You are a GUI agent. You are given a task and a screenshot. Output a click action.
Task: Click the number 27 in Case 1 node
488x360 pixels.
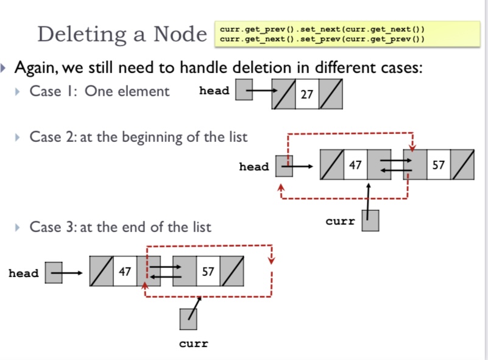307,94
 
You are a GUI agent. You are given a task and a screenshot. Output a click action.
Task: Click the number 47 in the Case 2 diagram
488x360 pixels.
355,164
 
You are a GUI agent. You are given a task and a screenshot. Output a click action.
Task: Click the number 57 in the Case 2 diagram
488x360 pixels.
439,164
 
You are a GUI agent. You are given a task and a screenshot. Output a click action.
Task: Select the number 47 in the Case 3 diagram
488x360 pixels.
125,271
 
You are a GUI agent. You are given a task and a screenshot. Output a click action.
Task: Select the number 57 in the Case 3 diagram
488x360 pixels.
208,271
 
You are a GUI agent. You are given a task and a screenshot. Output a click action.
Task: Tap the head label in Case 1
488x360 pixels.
214,91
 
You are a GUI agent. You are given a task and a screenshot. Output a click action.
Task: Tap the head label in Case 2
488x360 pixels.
254,166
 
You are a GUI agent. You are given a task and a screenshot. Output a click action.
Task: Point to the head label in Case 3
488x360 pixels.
24,274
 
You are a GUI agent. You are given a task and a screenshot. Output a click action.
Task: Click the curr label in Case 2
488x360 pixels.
340,221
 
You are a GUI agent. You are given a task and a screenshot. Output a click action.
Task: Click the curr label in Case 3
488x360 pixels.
194,344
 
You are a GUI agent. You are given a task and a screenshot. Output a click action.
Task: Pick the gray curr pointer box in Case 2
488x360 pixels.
370,221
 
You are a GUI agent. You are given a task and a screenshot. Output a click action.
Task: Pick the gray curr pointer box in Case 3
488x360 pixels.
188,319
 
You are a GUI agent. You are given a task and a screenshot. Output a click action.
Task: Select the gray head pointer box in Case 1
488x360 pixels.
244,90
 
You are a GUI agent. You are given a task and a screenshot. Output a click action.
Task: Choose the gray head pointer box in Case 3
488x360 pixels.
54,272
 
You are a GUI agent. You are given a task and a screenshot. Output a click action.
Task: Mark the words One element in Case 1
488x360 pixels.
127,91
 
